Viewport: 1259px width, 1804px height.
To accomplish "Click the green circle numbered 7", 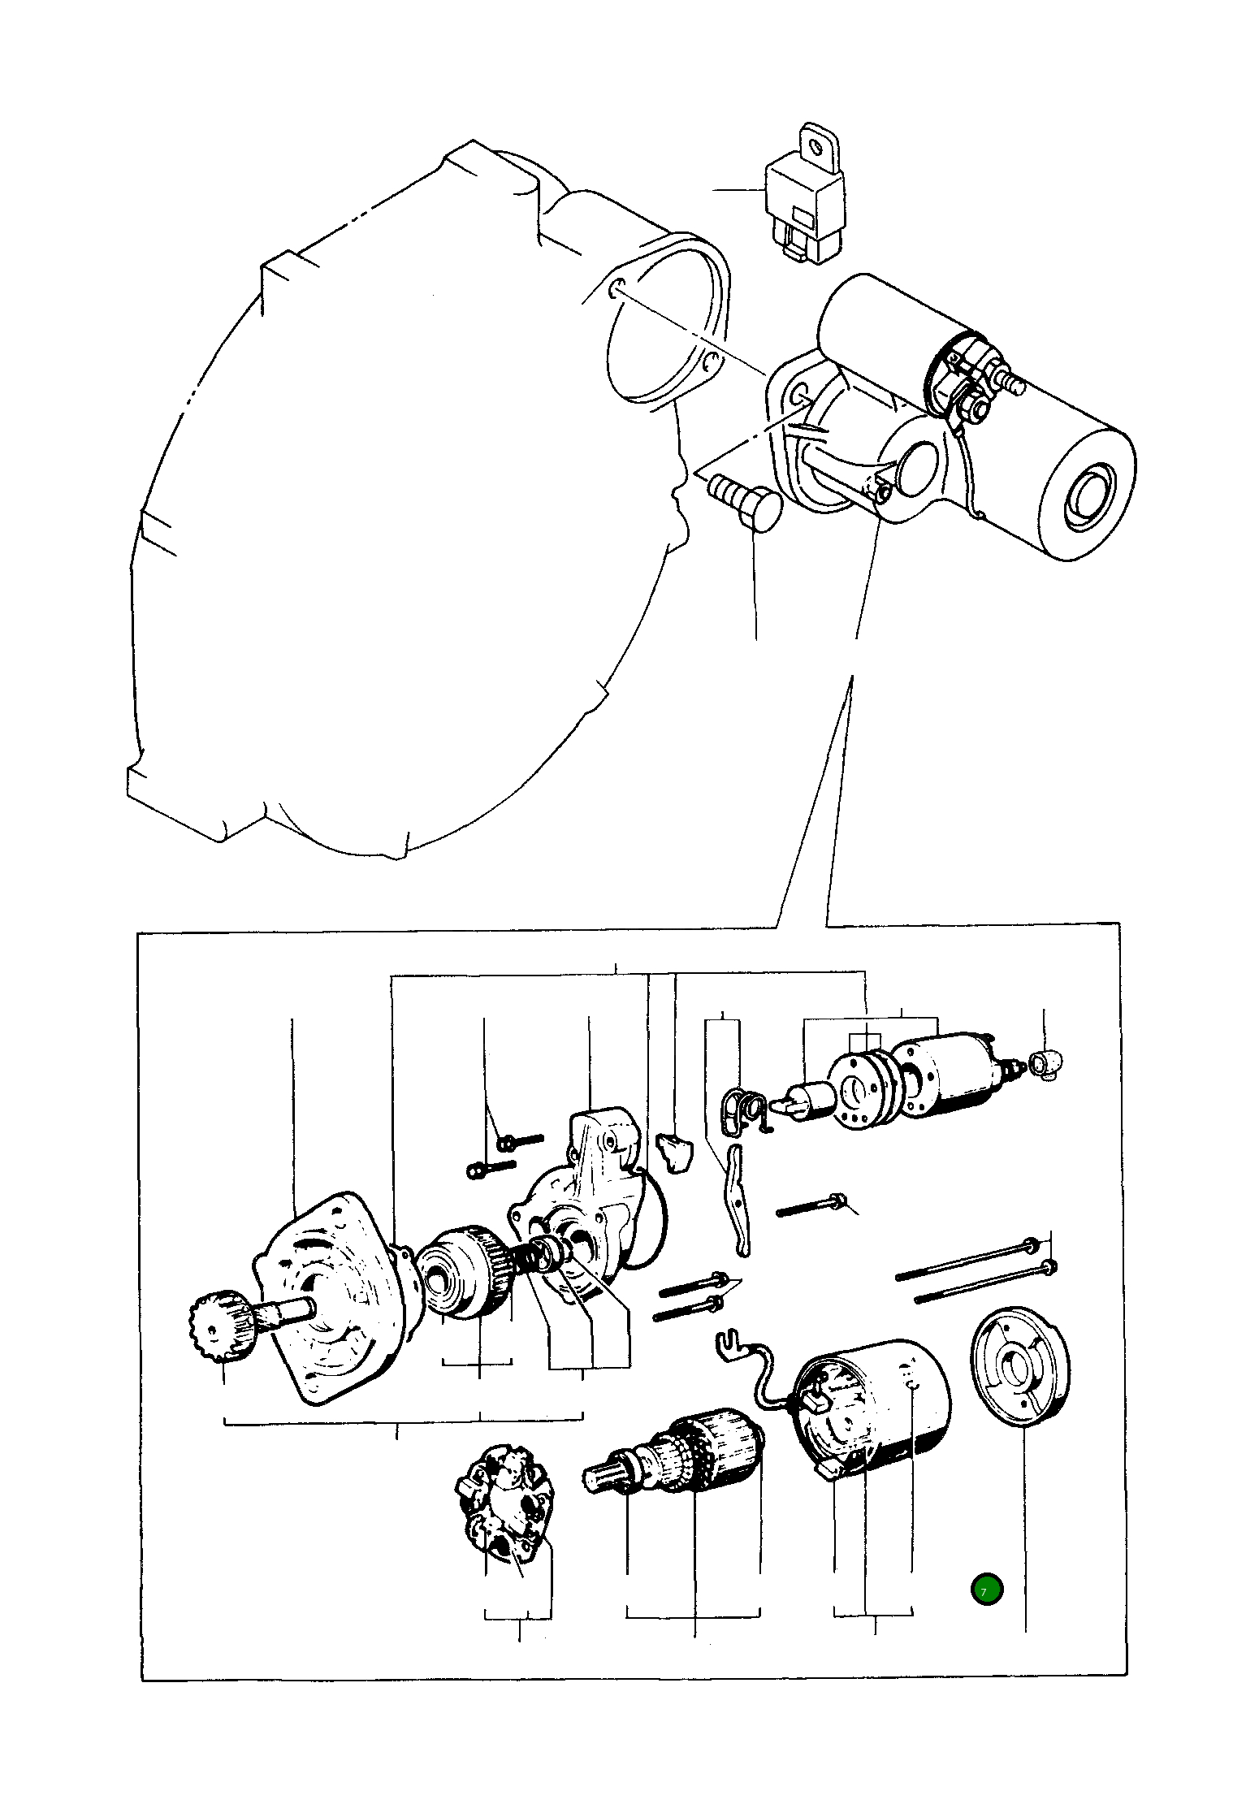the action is click(x=986, y=1590).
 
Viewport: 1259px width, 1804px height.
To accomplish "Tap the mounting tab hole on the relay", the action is click(x=816, y=145).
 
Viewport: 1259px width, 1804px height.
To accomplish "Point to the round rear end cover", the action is click(x=1020, y=1369).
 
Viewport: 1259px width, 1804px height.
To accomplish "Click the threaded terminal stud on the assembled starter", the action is click(x=1012, y=382).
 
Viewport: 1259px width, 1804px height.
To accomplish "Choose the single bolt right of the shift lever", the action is click(x=813, y=1205).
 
